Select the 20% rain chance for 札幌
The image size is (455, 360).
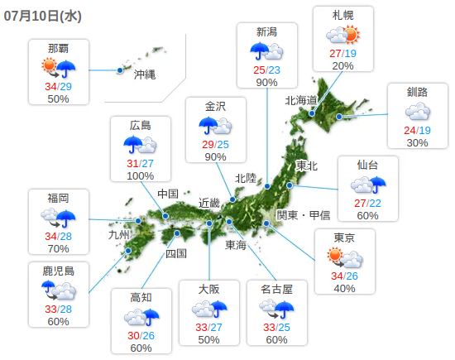[343, 66]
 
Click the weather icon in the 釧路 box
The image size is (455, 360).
[418, 112]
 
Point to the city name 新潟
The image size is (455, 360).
[266, 32]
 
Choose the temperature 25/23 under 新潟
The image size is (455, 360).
[266, 70]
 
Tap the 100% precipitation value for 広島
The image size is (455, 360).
[140, 175]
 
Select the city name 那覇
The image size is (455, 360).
[58, 49]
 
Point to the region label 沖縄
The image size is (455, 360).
[145, 74]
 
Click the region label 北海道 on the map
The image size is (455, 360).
[301, 100]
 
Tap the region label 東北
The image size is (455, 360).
[306, 166]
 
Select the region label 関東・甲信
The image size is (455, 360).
[303, 214]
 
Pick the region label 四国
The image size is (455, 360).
[176, 253]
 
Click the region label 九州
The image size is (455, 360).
[119, 234]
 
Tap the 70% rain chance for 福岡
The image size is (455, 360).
[58, 248]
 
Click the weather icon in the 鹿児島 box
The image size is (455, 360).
[59, 290]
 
